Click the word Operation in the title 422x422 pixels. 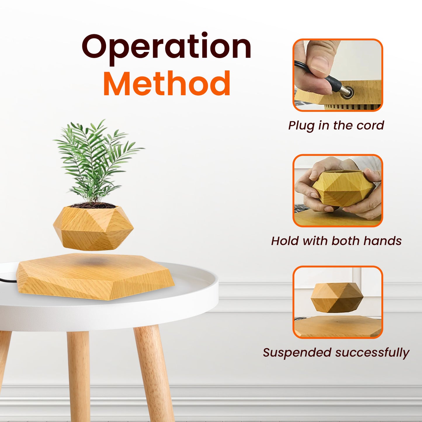166,47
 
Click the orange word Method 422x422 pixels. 167,84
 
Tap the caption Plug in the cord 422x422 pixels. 336,126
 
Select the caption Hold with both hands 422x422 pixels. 336,241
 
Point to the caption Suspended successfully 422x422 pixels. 336,352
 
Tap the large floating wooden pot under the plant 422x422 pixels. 93,228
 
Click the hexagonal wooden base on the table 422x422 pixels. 93,277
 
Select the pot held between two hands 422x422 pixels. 343,188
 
